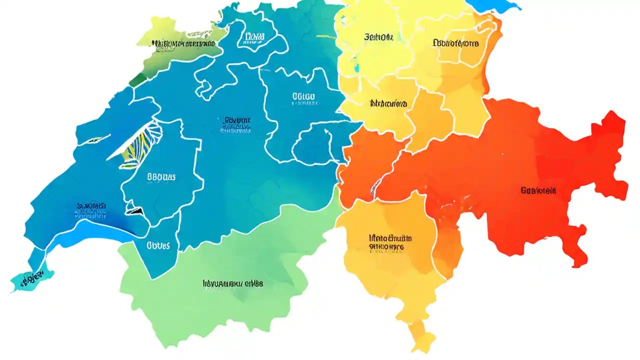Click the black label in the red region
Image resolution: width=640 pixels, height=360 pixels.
(x=538, y=190)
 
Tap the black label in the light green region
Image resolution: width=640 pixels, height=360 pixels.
(x=232, y=283)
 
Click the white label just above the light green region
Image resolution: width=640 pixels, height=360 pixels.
(x=158, y=245)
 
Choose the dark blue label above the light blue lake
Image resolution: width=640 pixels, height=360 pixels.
(x=91, y=209)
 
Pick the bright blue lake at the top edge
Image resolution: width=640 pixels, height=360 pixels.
(x=492, y=5)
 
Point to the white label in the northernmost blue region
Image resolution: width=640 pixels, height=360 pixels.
(x=254, y=37)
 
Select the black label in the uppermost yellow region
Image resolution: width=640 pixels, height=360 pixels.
(x=379, y=37)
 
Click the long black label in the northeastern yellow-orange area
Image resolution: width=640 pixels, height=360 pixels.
(x=455, y=43)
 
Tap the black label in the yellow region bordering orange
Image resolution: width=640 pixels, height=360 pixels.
(x=388, y=104)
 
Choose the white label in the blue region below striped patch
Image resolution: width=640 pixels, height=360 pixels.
(x=161, y=177)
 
